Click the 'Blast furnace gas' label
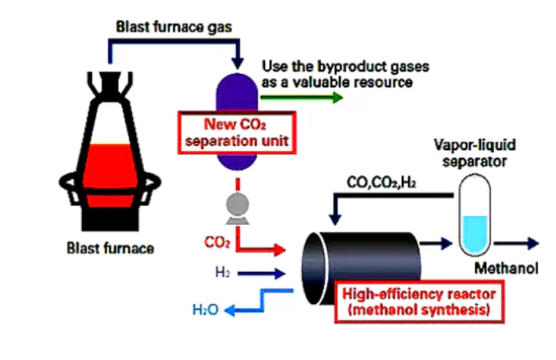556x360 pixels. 174,28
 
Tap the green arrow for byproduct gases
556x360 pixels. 301,97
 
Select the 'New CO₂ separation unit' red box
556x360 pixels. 237,133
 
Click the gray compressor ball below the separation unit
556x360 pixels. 237,204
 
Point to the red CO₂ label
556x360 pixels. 217,243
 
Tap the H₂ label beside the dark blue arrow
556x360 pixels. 223,272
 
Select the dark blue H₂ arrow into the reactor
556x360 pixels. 261,274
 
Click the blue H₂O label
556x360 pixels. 205,310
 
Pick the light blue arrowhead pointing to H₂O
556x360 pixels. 230,310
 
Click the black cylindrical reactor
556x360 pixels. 361,268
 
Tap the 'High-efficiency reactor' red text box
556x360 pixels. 419,302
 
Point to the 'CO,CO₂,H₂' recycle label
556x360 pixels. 381,182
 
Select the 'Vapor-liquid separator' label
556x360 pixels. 475,153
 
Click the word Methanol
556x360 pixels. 506,268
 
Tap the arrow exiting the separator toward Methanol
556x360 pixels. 516,244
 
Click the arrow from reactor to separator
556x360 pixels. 436,244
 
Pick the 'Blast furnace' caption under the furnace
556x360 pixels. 110,248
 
